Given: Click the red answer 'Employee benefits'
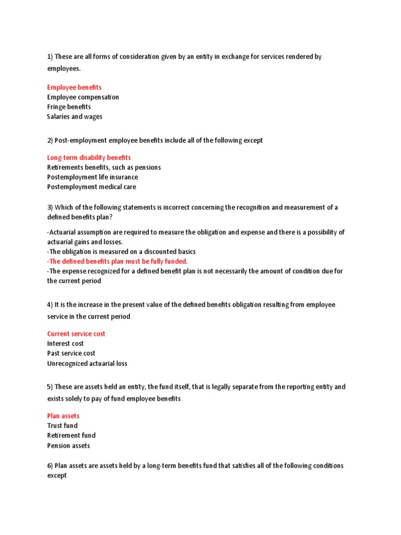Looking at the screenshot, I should tap(74, 87).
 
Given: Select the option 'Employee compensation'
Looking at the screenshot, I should tap(83, 97).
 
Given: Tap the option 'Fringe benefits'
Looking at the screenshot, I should tap(69, 107).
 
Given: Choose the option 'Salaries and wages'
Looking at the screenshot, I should tap(75, 117).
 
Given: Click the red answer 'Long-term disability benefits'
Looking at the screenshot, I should tap(89, 157).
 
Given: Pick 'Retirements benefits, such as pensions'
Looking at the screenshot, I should tap(104, 167).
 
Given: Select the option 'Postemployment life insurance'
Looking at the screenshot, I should tap(92, 177).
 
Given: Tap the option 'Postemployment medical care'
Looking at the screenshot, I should tap(91, 187).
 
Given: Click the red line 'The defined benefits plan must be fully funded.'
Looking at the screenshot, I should tap(117, 261).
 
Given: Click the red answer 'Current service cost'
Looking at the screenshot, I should tap(76, 334).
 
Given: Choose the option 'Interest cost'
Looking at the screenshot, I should tap(65, 343).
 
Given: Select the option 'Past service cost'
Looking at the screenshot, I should tap(71, 353).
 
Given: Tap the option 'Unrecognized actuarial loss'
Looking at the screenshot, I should tap(87, 363).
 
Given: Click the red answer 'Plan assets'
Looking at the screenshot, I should tap(63, 416).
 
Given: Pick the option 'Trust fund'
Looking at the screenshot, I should tap(62, 426).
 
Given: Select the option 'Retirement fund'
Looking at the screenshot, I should tap(71, 435).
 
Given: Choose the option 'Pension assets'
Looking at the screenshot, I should tap(68, 446).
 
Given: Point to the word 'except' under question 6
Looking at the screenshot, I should tap(57, 475).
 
